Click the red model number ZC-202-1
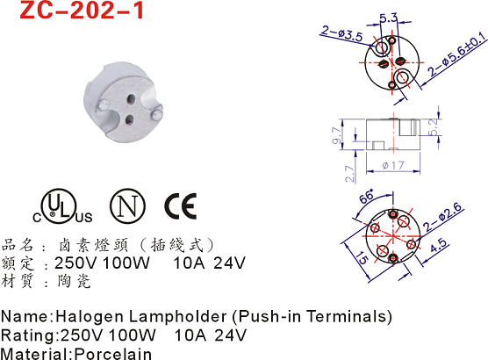click(82, 10)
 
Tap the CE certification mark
click(181, 205)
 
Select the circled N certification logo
click(127, 205)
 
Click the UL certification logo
click(62, 206)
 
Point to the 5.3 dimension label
click(389, 18)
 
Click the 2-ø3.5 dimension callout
click(342, 33)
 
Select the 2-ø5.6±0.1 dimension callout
click(456, 55)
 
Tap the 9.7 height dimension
click(336, 135)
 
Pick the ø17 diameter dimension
click(392, 165)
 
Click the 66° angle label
click(367, 196)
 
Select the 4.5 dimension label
click(438, 245)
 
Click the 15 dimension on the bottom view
click(362, 257)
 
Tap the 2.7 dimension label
click(349, 174)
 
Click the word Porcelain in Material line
click(113, 354)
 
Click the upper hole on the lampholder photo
click(132, 98)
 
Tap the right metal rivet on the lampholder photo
click(156, 114)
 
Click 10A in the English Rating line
click(190, 335)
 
